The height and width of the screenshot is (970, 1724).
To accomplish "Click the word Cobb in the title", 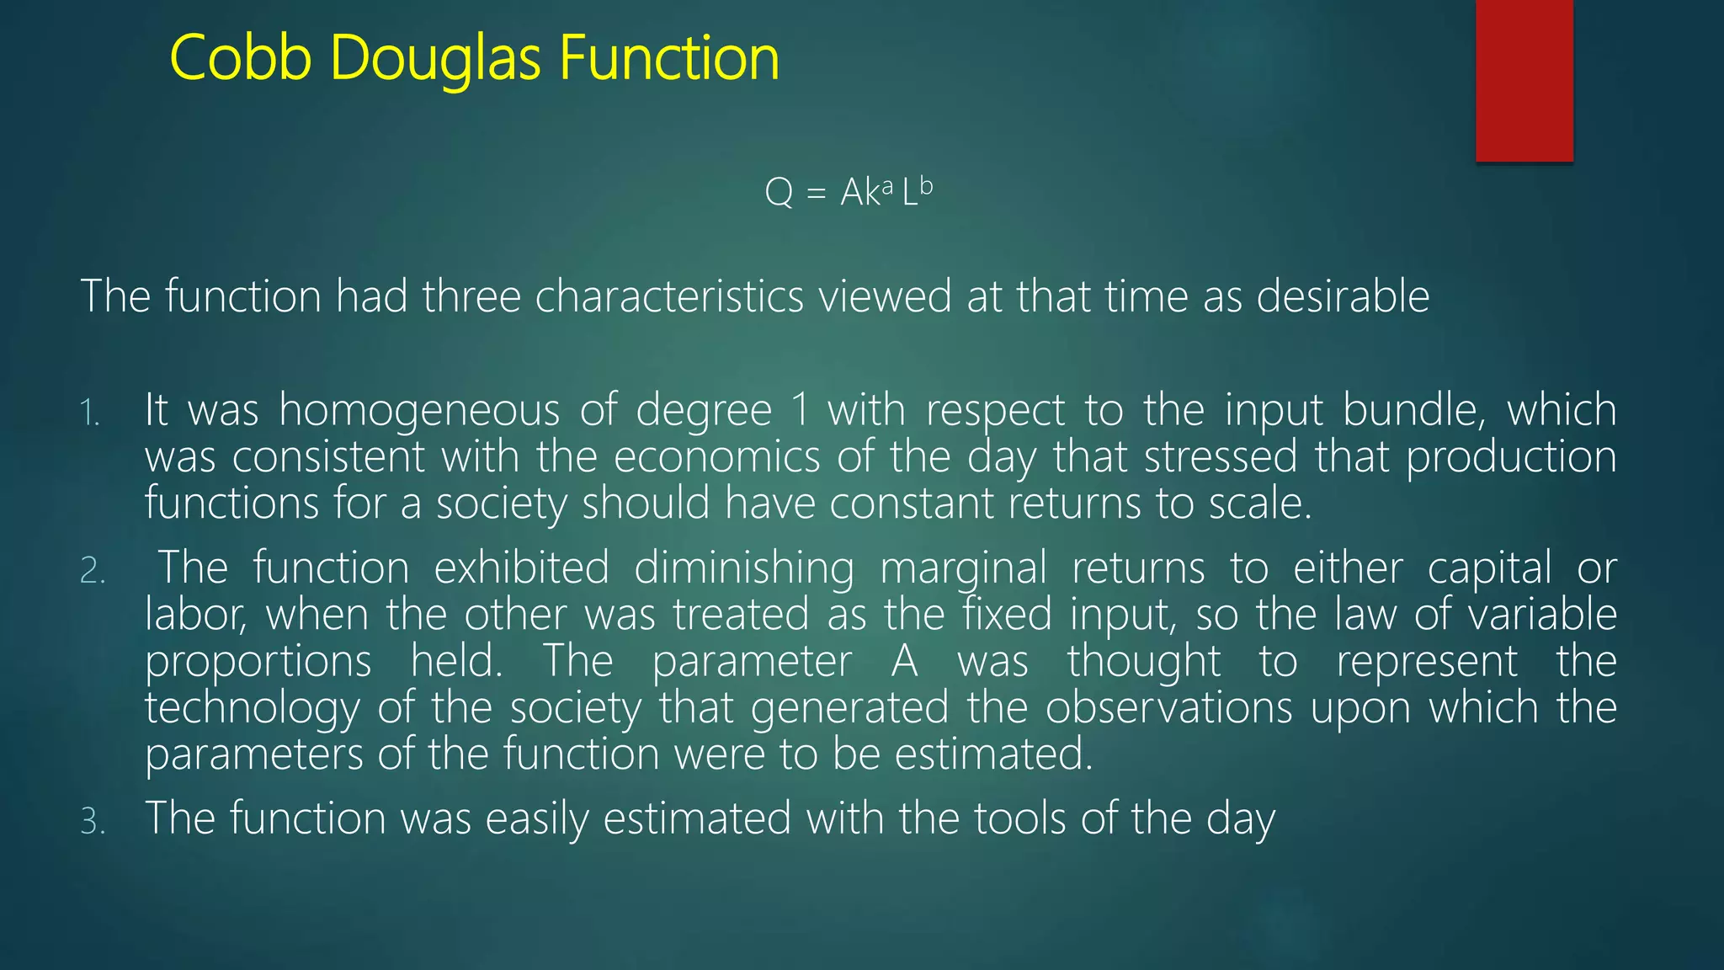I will click(x=241, y=58).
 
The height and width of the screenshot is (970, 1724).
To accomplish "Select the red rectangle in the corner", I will click(x=1524, y=80).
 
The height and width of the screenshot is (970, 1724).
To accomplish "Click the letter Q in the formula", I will click(x=779, y=193).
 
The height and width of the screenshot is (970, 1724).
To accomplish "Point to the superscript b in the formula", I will click(x=925, y=185).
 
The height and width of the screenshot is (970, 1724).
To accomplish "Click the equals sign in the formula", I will click(x=816, y=195).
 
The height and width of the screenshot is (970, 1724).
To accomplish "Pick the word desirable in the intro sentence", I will click(x=1343, y=296).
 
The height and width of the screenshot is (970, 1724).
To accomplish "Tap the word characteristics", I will click(x=669, y=296).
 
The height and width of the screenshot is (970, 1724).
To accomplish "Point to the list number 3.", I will click(x=93, y=822).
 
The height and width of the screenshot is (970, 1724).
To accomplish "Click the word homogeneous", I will click(x=418, y=411).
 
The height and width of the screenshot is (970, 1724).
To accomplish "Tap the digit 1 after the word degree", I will click(x=800, y=411).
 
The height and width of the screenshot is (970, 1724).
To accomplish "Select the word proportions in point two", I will click(x=258, y=662).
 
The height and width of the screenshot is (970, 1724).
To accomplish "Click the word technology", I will click(x=252, y=708).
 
